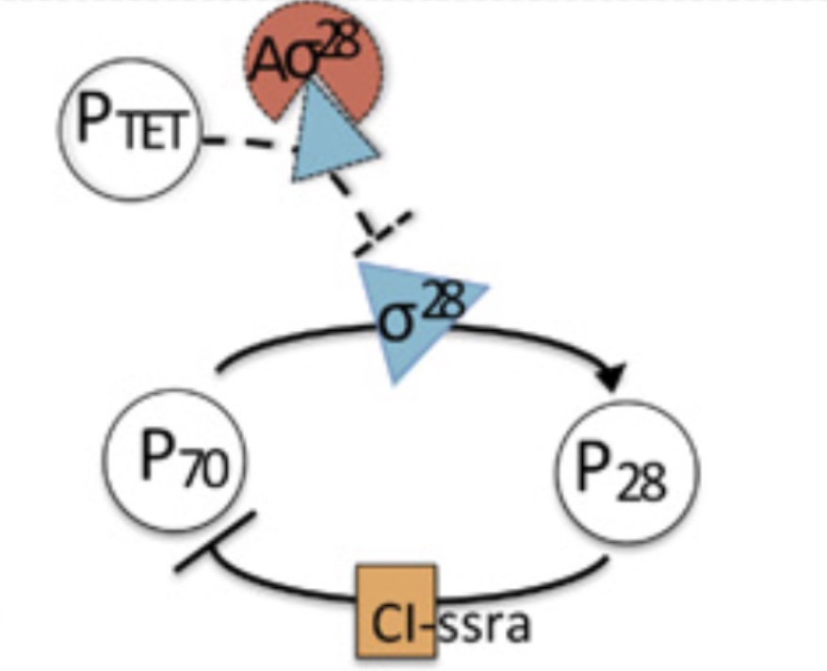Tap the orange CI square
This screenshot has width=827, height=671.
coord(397,612)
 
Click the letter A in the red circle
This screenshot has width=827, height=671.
coord(268,62)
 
